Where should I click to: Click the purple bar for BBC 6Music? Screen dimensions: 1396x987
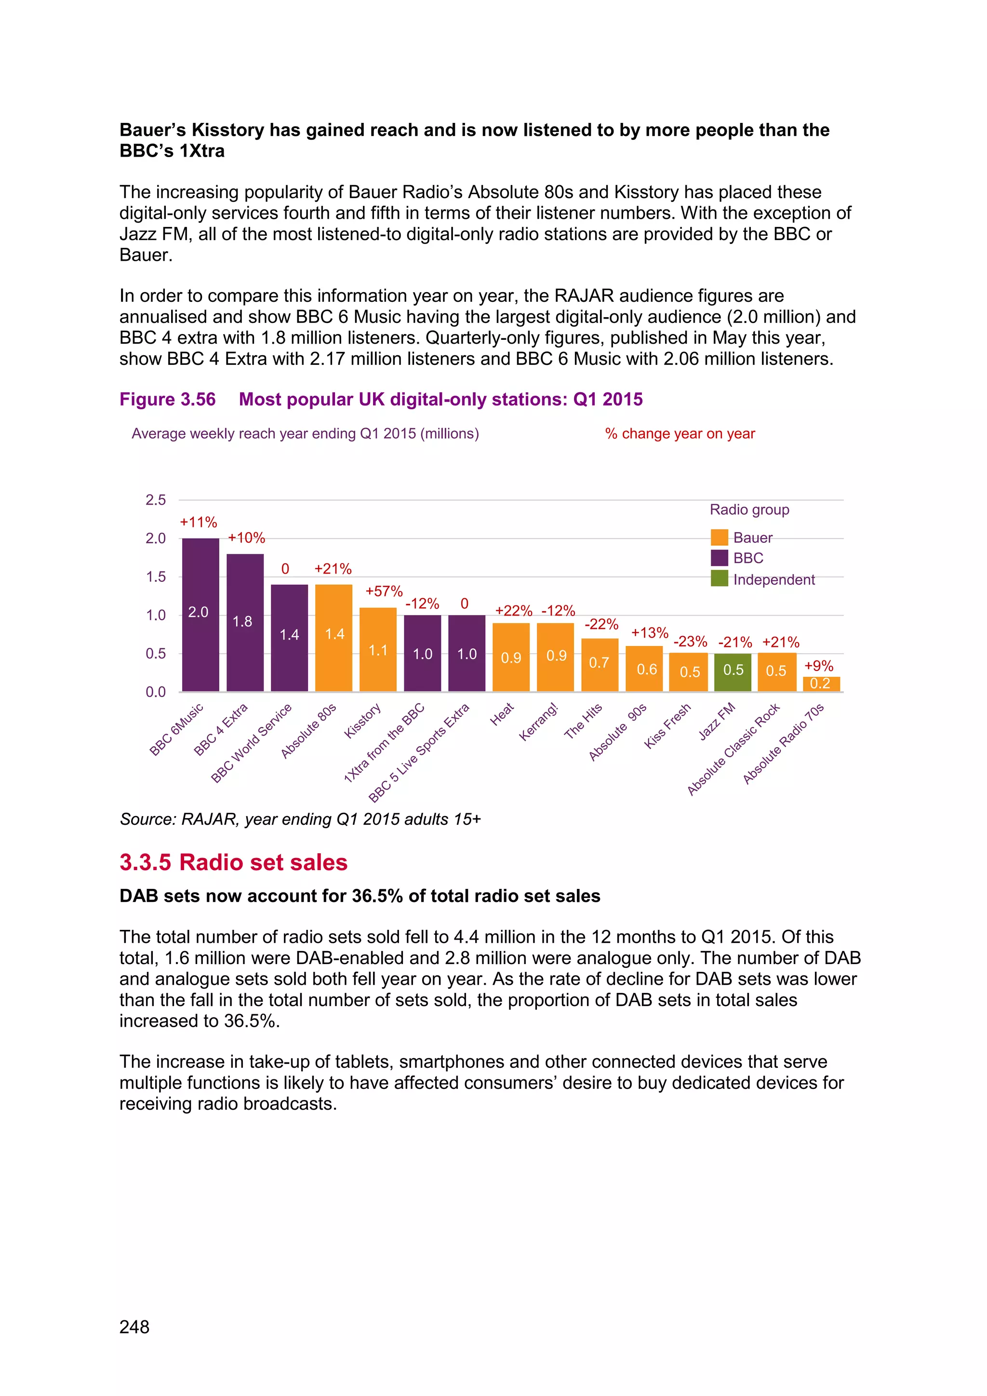point(200,614)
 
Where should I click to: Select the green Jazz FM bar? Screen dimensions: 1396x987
point(733,672)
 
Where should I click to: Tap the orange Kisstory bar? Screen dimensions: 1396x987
point(377,649)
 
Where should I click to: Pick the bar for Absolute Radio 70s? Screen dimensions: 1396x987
point(821,684)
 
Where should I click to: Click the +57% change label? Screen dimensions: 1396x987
point(384,591)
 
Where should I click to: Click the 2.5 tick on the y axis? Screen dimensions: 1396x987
point(156,500)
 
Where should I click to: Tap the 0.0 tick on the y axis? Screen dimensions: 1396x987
point(156,692)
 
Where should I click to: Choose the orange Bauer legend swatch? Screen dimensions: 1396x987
point(719,537)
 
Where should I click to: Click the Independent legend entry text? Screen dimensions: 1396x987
point(774,579)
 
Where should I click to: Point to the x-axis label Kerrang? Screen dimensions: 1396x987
point(538,722)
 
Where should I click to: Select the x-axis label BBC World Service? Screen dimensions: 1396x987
point(252,743)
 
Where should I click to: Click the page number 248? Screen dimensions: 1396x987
point(134,1327)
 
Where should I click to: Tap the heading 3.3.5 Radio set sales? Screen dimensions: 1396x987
point(233,862)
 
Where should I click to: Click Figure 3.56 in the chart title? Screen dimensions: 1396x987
point(168,400)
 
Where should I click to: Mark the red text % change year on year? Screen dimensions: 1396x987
point(680,433)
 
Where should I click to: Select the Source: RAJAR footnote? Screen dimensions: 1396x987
point(300,819)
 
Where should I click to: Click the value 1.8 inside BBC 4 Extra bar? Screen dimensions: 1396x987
point(242,621)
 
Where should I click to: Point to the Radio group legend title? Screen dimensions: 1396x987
point(749,510)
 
